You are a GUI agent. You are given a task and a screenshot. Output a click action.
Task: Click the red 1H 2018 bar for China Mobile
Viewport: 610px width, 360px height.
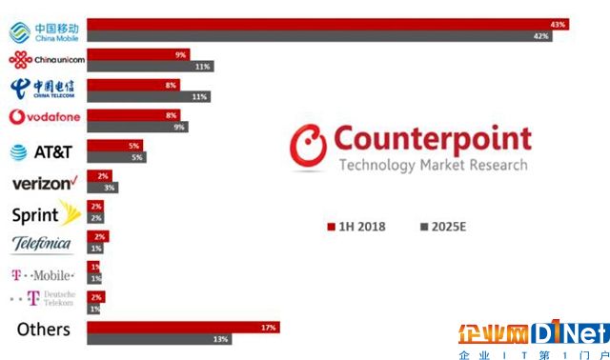[324, 24]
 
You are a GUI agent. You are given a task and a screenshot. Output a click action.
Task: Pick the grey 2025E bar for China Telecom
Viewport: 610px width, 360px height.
[148, 97]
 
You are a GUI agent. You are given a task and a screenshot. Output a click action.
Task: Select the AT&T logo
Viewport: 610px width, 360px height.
[43, 150]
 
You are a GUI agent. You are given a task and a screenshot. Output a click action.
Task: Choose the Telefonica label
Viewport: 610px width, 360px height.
[42, 244]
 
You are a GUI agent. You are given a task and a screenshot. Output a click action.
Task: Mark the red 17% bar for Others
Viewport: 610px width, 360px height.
[182, 328]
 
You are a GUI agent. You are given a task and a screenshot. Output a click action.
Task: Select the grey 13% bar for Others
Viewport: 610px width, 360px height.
[161, 340]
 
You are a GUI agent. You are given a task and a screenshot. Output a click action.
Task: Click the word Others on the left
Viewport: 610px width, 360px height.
[44, 330]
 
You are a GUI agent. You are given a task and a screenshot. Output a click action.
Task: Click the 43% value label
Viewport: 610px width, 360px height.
[558, 24]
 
